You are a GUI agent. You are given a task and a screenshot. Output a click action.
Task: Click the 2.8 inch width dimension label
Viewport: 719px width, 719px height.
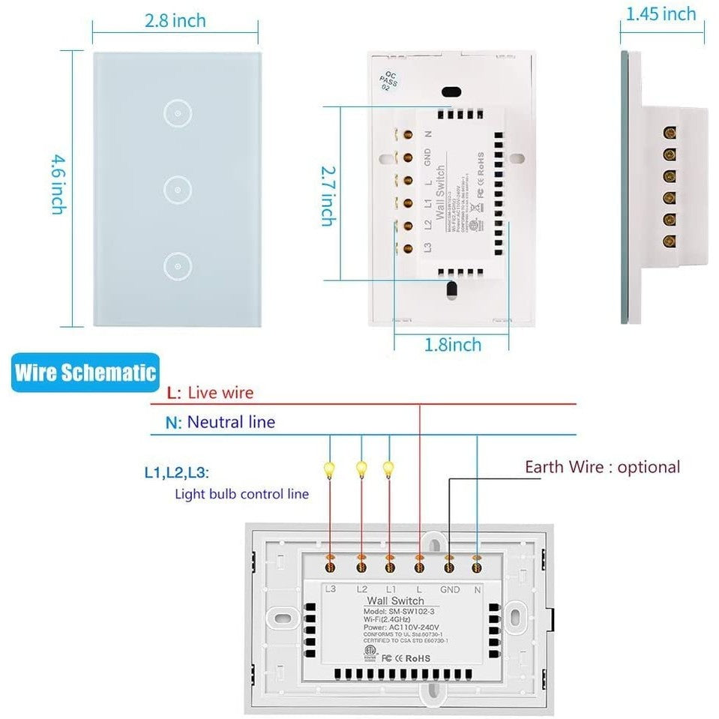[175, 21]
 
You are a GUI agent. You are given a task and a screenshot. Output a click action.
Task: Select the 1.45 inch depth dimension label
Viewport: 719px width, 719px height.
[661, 13]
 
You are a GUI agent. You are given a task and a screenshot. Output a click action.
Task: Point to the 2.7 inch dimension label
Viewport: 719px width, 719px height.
[328, 196]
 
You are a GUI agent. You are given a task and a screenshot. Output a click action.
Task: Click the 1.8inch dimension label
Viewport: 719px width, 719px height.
[452, 345]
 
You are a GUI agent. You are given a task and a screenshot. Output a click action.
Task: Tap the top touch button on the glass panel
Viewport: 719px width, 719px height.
[175, 112]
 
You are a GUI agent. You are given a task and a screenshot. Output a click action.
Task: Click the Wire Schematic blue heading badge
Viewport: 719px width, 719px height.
[85, 373]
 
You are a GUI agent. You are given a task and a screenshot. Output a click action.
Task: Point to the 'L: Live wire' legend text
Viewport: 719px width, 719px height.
[211, 392]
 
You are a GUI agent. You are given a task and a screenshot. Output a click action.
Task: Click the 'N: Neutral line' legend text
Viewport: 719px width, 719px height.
[220, 422]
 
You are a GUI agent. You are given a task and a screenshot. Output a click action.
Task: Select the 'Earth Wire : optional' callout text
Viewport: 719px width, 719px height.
[602, 467]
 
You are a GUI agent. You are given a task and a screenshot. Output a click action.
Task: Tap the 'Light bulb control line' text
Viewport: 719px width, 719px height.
[241, 494]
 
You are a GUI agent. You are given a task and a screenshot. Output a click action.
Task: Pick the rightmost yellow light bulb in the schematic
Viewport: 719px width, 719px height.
[388, 468]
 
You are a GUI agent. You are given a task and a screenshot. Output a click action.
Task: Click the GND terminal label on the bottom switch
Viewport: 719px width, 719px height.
[450, 590]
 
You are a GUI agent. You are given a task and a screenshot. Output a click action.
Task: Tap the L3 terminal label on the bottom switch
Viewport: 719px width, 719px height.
[331, 590]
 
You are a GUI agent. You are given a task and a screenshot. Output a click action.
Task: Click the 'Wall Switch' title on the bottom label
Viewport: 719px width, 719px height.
[395, 601]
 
